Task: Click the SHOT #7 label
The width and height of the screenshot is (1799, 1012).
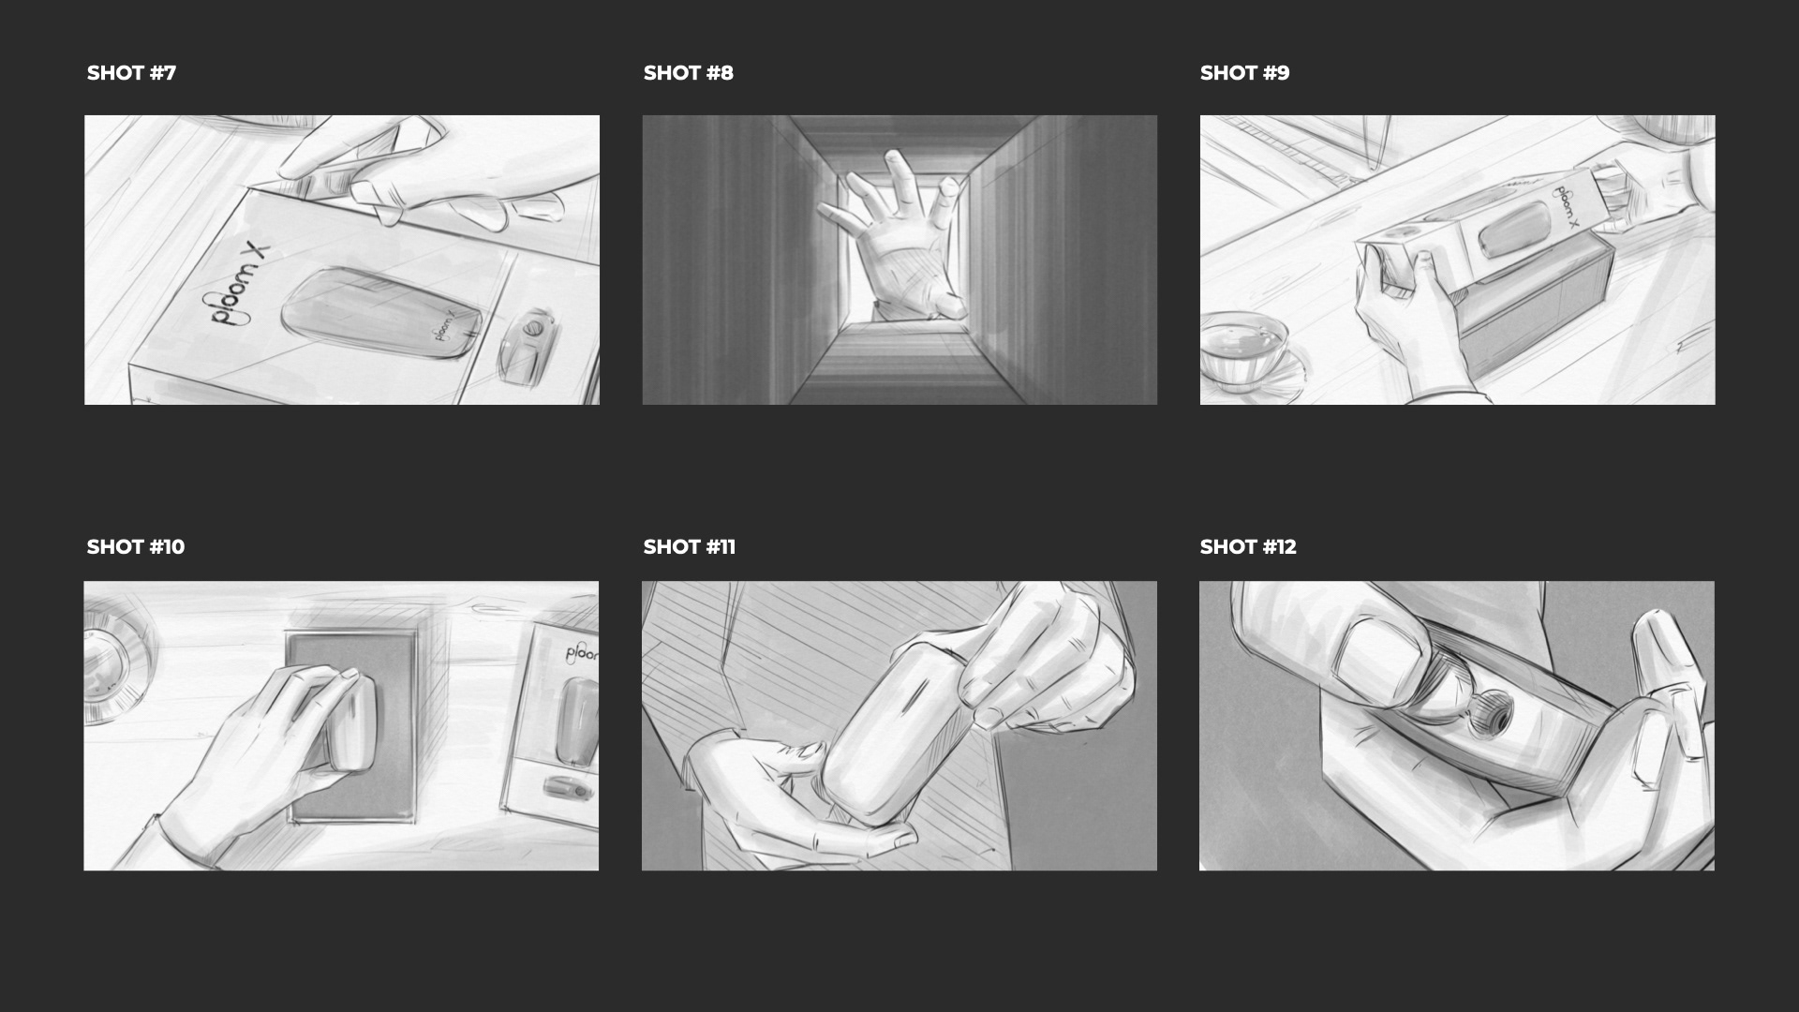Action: click(x=131, y=73)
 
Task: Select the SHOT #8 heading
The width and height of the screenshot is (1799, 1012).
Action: click(x=688, y=73)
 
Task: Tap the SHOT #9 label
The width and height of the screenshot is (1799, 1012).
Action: click(x=1244, y=73)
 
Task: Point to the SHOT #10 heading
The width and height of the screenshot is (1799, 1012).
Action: click(x=136, y=547)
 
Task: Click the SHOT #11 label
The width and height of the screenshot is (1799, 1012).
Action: click(x=690, y=547)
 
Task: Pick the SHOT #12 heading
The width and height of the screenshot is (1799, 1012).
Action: click(x=1248, y=547)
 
